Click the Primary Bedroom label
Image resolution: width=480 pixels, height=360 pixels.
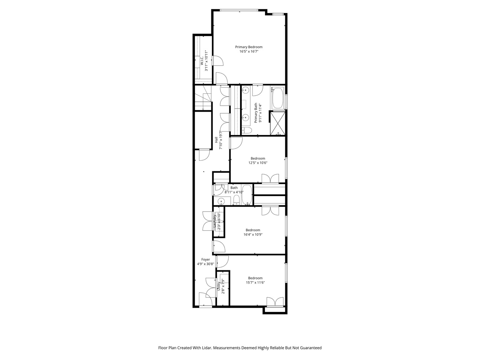(249, 47)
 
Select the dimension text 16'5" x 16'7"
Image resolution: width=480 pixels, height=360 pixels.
(249, 52)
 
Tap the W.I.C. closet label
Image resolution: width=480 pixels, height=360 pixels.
(202, 61)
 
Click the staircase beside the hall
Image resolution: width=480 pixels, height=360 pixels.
(203, 98)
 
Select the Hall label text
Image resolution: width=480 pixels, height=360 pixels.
(216, 140)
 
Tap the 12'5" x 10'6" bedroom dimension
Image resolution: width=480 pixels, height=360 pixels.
(258, 163)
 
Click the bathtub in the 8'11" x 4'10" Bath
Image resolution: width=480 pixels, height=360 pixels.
(247, 195)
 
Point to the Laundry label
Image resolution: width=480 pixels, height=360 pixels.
(214, 222)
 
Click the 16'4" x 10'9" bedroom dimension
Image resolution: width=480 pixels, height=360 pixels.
(253, 235)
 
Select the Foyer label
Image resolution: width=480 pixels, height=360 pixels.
(206, 260)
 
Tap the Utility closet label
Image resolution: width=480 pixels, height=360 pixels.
(219, 286)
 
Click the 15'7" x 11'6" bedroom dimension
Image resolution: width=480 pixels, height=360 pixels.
(255, 283)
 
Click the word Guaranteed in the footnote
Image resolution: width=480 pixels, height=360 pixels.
(310, 348)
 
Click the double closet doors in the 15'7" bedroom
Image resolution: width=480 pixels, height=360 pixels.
(275, 302)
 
